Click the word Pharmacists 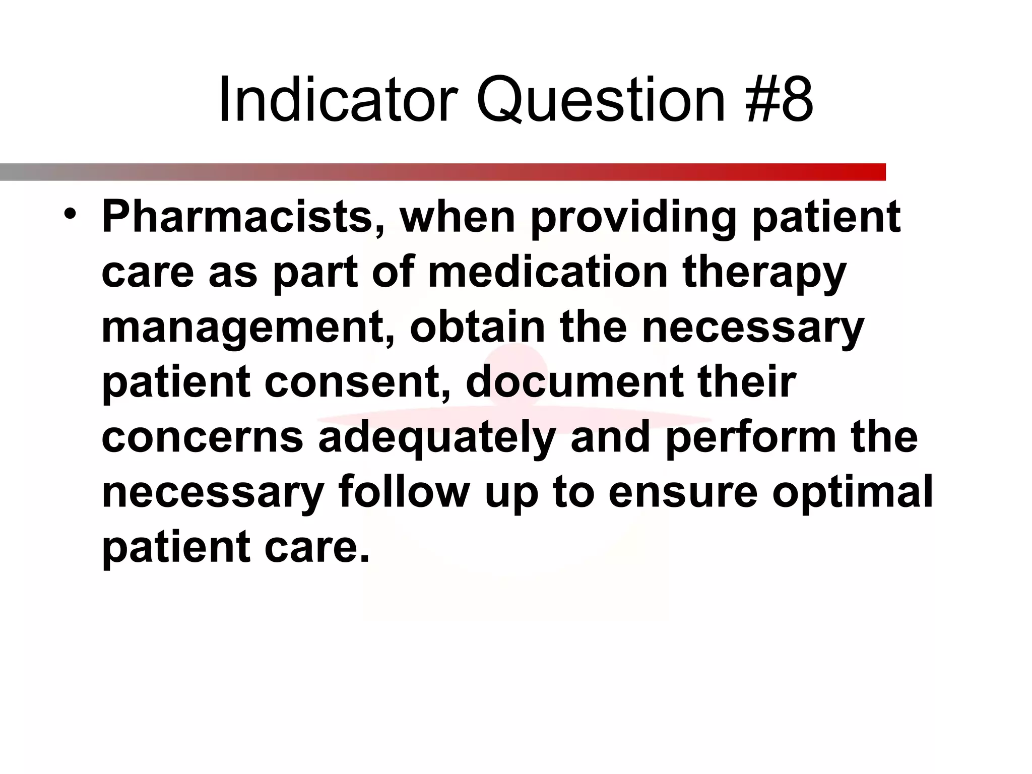pyautogui.click(x=243, y=217)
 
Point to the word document pyautogui.click(x=574, y=382)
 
